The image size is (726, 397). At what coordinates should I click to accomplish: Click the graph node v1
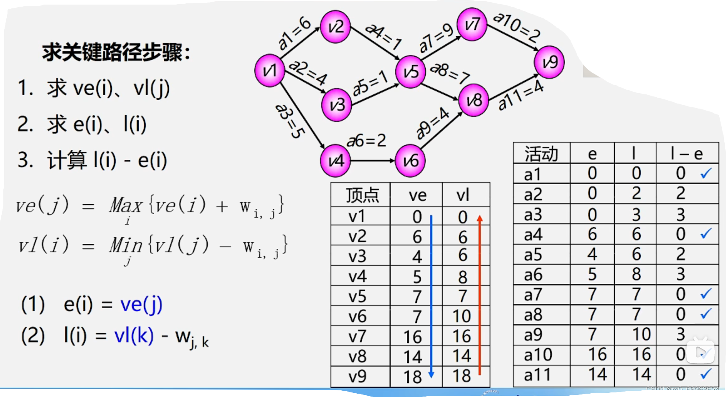270,71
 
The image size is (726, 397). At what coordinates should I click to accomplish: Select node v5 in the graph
411,72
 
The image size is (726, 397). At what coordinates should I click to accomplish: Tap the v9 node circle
549,62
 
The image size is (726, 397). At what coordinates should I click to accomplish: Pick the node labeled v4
335,161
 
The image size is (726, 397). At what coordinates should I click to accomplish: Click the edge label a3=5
289,121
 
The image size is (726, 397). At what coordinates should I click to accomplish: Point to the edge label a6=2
366,141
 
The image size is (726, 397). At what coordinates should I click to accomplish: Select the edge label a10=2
517,27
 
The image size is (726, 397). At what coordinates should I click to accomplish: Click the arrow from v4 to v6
372,161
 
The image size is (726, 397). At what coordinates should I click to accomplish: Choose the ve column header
417,195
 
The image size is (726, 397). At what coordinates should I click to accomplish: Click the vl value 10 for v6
462,316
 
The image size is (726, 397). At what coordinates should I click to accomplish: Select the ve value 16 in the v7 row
412,336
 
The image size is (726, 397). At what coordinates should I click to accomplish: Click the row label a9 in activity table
533,335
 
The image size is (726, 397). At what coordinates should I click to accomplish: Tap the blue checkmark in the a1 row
706,173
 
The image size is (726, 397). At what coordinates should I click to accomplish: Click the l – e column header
686,154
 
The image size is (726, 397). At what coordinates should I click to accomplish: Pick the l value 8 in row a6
636,274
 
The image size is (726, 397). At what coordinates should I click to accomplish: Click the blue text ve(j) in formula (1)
141,304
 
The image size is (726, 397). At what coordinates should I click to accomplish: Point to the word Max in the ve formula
126,205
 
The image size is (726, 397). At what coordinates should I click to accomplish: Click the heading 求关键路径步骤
116,53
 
